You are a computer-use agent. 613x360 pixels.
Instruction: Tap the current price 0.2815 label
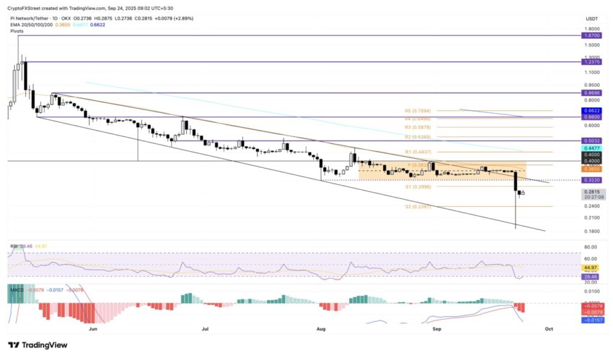592,192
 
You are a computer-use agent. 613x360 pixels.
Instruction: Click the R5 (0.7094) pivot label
417,111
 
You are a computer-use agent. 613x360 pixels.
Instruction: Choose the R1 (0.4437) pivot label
417,152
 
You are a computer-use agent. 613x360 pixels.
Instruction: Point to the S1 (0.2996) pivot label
417,187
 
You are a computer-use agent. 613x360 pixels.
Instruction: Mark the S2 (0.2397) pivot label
417,207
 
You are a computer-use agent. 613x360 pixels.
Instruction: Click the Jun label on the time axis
93,329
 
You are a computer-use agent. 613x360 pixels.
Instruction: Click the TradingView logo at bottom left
37,345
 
